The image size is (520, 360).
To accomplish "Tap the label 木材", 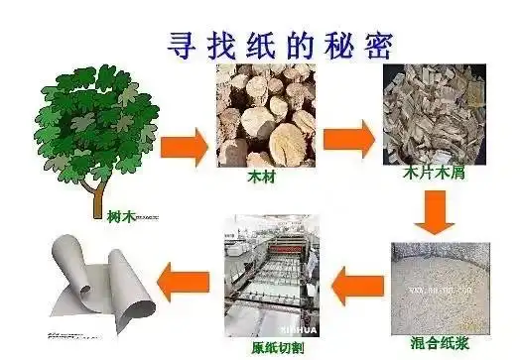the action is [x=260, y=183].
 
